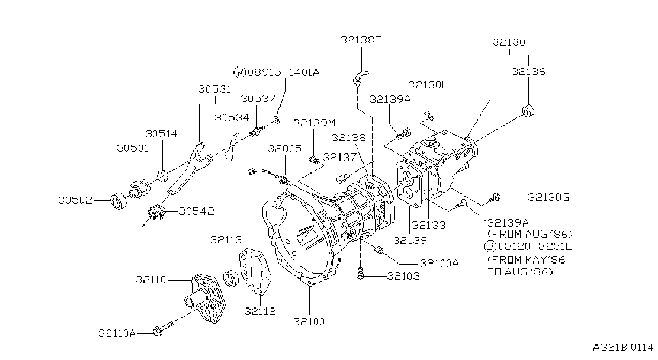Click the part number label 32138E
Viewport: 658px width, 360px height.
361,40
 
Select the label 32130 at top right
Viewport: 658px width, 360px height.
509,42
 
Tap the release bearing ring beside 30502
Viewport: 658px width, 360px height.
119,201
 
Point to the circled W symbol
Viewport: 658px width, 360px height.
240,72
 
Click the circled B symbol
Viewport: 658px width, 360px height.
490,246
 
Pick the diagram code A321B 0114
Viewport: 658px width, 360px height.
623,348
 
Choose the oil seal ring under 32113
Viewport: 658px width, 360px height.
231,278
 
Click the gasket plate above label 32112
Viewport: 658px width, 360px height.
255,271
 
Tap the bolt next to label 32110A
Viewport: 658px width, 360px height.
163,329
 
